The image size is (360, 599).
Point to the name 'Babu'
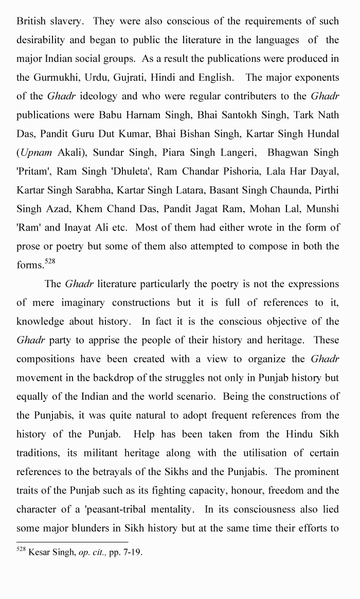pyautogui.click(x=109, y=115)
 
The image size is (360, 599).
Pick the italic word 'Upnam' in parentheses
pyautogui.click(x=33, y=152)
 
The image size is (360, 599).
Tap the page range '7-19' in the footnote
pyautogui.click(x=130, y=553)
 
